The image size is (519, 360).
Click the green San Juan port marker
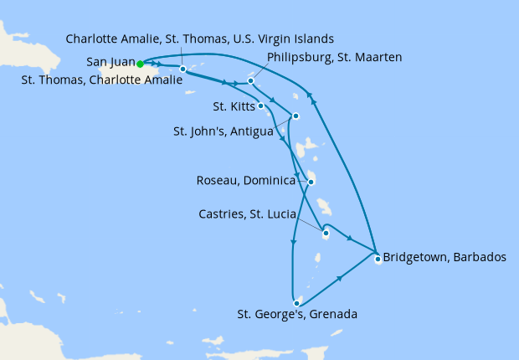(141, 63)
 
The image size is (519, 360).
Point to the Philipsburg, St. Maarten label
(334, 57)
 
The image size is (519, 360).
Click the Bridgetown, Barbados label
(444, 257)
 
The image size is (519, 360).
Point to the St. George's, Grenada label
(297, 315)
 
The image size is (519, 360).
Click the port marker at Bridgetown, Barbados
(378, 259)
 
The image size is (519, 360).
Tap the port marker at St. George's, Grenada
(296, 302)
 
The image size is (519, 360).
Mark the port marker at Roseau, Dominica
(311, 182)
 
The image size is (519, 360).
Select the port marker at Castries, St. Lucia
(325, 234)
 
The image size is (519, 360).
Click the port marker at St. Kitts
(261, 105)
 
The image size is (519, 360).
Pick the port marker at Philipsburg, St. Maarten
(250, 81)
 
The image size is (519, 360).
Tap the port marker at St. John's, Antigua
(295, 116)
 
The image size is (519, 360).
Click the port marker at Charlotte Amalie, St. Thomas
(182, 69)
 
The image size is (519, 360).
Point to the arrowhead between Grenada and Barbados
(340, 279)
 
